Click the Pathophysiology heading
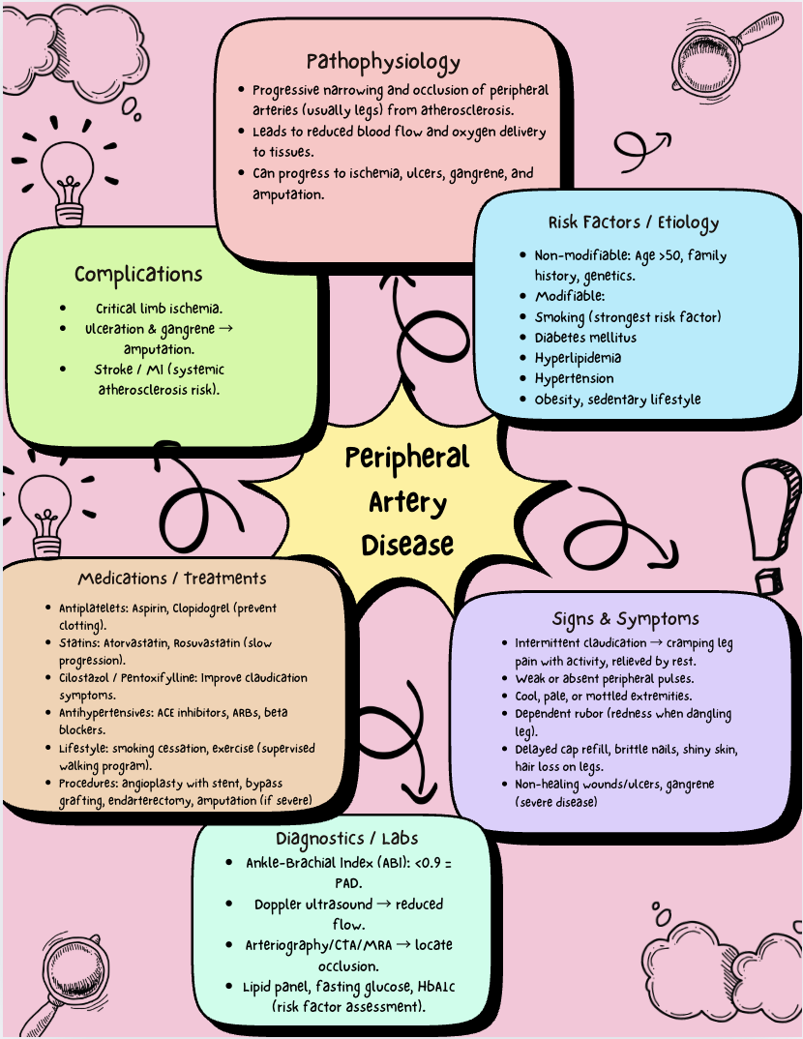383,63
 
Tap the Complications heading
138,275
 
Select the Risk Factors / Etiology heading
634,223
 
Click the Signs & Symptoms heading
625,618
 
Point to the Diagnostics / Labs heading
346,838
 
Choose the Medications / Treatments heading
172,579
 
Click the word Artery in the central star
407,502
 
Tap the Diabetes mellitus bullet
585,338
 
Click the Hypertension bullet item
574,378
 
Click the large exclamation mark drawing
767,522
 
